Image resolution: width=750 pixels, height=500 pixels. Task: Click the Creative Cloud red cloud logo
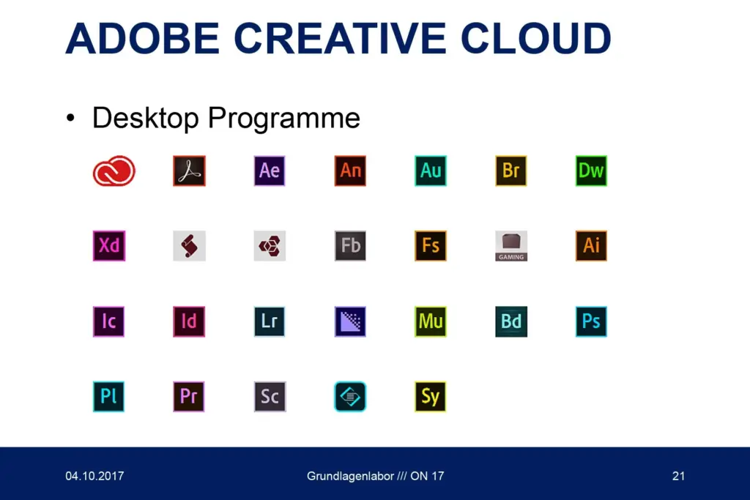114,171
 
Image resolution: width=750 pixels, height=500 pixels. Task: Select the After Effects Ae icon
270,171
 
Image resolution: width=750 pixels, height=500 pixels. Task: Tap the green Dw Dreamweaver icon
591,171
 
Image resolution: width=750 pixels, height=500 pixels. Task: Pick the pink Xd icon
109,246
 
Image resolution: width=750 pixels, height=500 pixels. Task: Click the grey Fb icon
350,246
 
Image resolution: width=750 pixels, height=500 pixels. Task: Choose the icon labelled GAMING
510,246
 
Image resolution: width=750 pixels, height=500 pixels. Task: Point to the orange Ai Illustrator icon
591,246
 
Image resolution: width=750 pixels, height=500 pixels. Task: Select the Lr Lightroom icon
270,321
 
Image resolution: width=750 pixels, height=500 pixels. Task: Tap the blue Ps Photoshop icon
591,321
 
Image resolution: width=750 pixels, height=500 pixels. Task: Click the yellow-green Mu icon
431,321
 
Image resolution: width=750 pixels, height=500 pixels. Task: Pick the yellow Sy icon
431,396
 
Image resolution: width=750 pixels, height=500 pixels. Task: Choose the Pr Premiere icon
189,396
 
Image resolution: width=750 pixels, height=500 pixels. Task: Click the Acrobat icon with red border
190,171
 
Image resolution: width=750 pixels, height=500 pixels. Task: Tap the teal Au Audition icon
431,171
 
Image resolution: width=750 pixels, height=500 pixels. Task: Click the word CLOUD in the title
535,38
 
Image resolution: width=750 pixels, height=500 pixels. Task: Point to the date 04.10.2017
94,476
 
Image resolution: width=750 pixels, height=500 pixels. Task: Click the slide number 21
678,476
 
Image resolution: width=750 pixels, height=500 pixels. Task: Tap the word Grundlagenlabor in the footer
351,476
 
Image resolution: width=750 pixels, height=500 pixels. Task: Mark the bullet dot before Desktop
71,118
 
